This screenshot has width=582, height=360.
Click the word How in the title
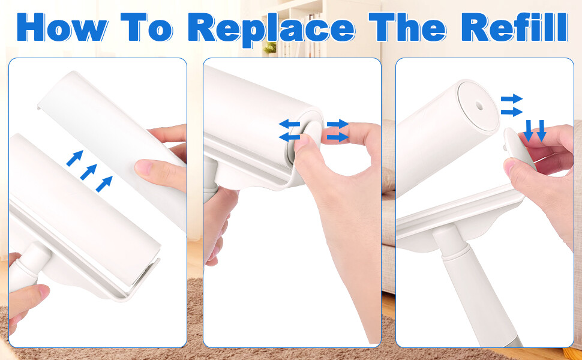(x=62, y=28)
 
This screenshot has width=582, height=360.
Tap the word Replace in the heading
(x=271, y=29)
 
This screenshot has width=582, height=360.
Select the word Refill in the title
(x=515, y=28)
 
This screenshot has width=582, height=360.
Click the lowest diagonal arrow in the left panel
(x=104, y=184)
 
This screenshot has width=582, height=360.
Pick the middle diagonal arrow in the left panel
(x=89, y=172)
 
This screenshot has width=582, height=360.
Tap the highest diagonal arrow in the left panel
(x=74, y=158)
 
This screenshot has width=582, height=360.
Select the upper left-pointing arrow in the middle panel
(x=289, y=124)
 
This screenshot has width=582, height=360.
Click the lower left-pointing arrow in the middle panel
(x=289, y=137)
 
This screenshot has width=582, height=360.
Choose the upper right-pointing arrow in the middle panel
(x=338, y=124)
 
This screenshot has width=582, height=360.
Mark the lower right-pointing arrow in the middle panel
(x=338, y=137)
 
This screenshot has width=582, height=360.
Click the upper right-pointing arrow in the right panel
(x=512, y=99)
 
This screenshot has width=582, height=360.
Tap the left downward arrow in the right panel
(x=528, y=131)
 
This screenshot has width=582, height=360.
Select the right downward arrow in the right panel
(x=541, y=131)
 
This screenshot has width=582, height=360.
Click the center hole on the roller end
(x=479, y=106)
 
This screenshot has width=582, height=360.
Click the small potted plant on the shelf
(x=270, y=48)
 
